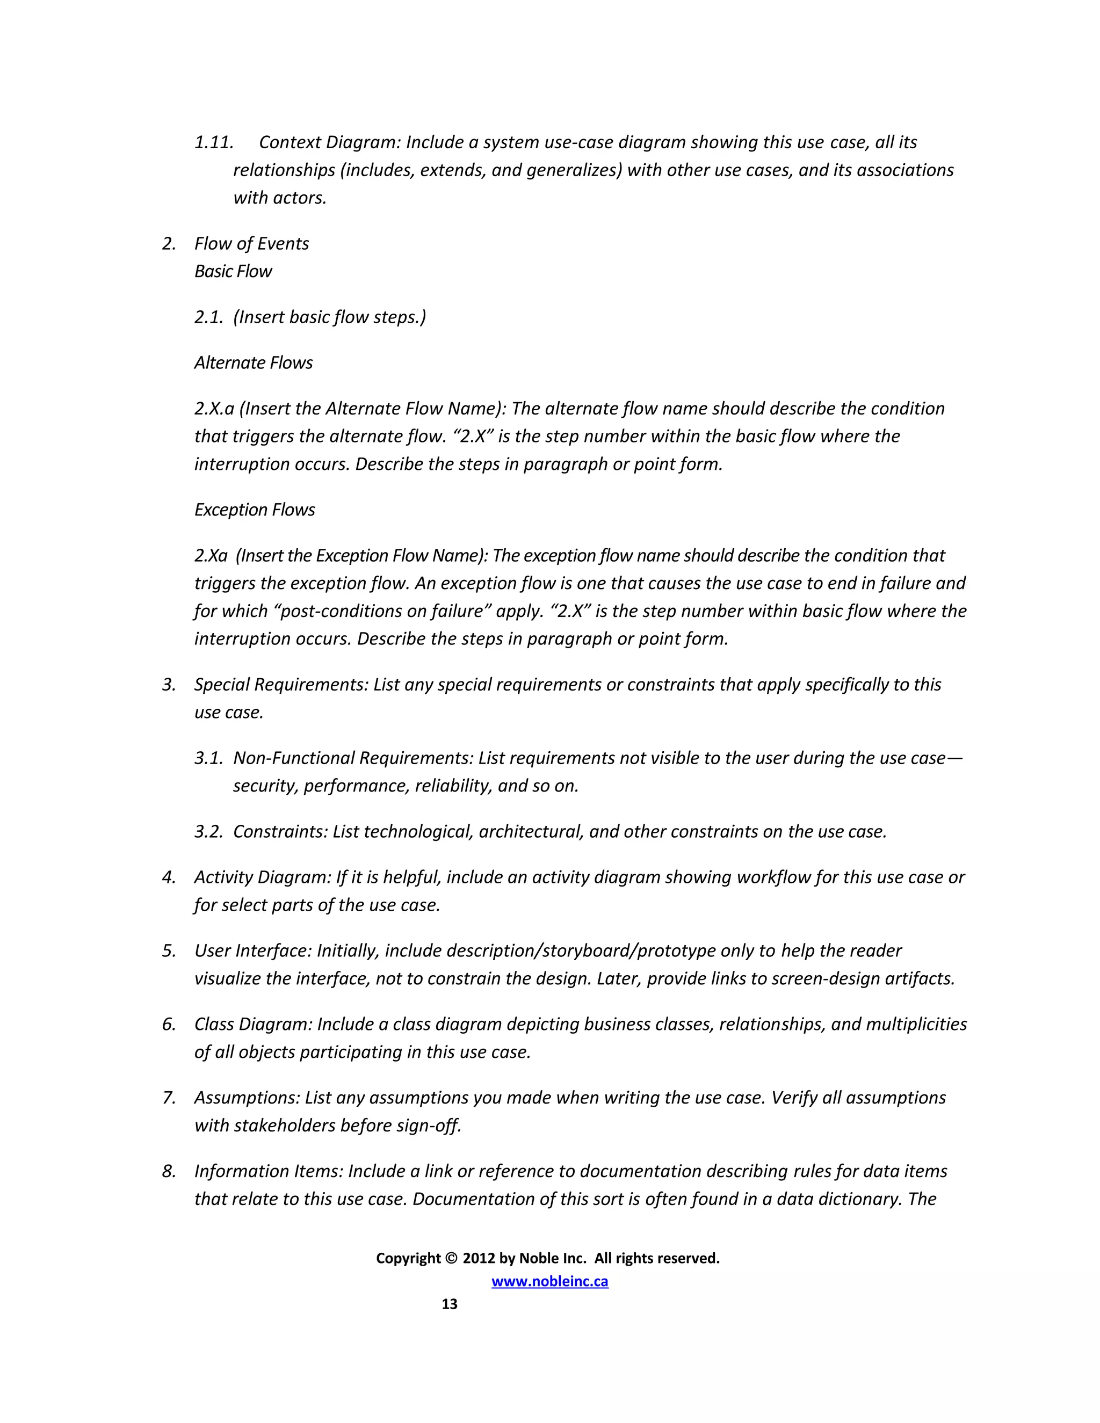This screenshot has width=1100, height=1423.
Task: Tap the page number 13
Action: pos(449,1304)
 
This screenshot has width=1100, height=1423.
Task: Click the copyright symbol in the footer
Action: pos(452,1258)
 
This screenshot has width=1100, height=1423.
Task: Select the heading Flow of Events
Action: pos(251,244)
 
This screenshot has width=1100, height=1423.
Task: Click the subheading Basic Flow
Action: pos(233,271)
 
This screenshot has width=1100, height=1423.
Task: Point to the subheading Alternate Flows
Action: pos(254,362)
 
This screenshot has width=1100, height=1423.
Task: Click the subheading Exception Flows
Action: pos(254,510)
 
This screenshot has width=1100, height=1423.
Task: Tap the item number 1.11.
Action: pos(214,142)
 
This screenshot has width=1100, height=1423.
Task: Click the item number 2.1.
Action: pos(208,317)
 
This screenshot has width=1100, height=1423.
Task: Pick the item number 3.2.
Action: pos(208,831)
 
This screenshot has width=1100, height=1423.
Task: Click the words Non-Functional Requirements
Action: pos(352,758)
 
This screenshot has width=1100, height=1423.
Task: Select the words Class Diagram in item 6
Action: pos(253,1024)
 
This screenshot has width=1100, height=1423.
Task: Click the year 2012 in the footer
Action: pos(479,1258)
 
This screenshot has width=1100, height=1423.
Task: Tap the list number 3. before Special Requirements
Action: pos(169,685)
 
